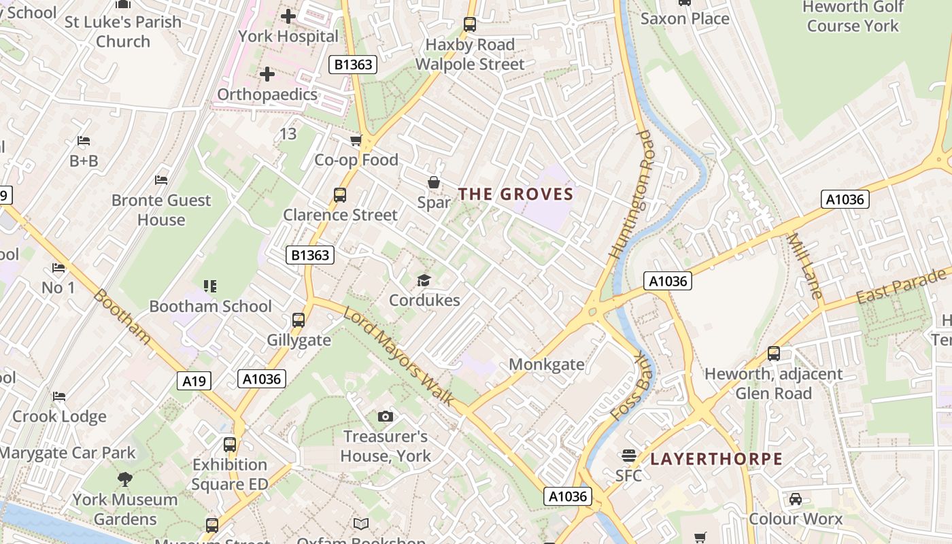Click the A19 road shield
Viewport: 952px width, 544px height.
[194, 381]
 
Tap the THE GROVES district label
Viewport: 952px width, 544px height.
[515, 194]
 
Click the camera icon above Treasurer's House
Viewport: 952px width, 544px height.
[385, 416]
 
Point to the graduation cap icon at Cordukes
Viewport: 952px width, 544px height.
[424, 280]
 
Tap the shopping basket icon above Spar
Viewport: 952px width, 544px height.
[433, 182]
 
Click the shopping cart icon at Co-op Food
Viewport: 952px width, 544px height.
[356, 141]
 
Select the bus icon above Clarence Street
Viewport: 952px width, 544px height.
[339, 195]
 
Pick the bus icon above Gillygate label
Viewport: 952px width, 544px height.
[298, 320]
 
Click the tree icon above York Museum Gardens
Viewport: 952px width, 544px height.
[124, 479]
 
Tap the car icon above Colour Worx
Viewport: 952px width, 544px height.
[795, 499]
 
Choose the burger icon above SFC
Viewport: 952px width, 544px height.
[628, 456]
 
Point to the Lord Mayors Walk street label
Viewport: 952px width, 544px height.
[398, 356]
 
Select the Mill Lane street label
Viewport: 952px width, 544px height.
[805, 266]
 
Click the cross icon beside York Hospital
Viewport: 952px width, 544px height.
[288, 16]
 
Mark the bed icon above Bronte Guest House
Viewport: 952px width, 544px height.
[161, 180]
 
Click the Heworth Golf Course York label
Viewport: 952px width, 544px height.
[853, 16]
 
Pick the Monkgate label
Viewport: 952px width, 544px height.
[546, 364]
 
